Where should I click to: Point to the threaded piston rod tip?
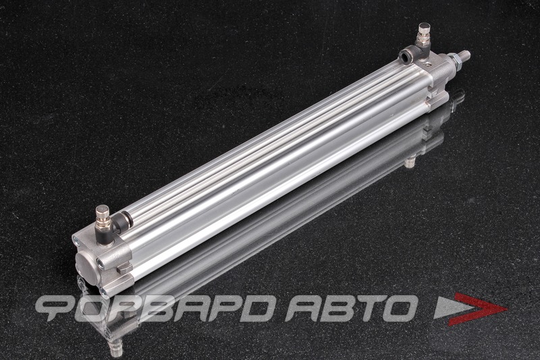click(x=465, y=55)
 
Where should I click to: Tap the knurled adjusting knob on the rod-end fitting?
click(x=425, y=30)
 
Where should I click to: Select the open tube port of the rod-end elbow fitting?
click(x=405, y=55)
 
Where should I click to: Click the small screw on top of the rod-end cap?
click(x=426, y=64)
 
